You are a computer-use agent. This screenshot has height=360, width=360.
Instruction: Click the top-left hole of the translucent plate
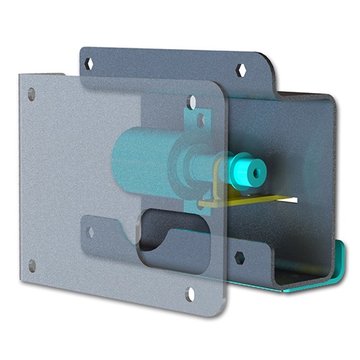tap(31, 93)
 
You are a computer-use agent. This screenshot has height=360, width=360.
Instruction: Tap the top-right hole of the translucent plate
tap(191, 102)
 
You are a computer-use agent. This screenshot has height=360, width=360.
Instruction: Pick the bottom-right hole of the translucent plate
tap(191, 292)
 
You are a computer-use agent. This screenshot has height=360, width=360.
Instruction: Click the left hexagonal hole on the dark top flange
tap(90, 64)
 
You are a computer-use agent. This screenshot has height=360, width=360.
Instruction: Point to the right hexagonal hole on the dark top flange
tap(243, 71)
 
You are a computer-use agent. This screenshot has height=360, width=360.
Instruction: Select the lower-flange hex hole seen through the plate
tap(90, 232)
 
